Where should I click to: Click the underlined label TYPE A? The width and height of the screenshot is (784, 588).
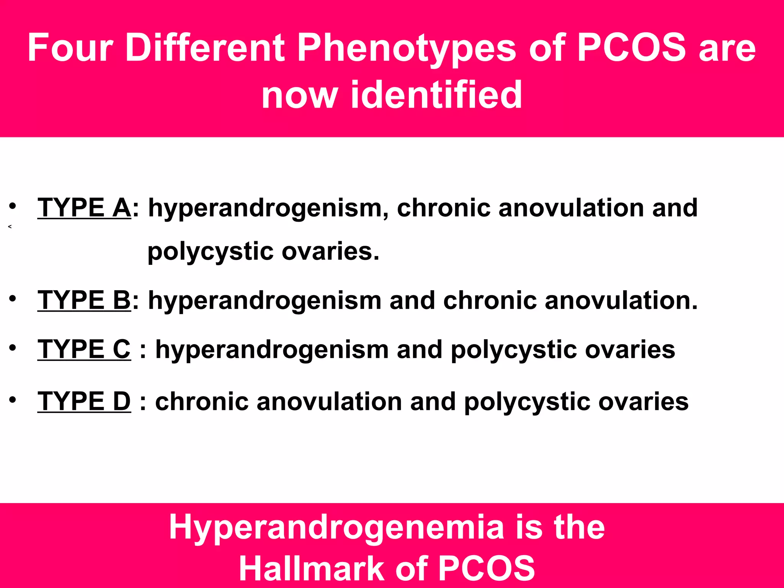pos(84,208)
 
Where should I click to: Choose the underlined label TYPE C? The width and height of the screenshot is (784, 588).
pos(84,349)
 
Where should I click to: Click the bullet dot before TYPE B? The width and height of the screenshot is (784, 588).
pos(13,298)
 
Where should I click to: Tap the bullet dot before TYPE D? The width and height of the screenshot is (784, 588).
pos(13,400)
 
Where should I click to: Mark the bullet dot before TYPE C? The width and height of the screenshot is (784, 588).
pos(13,348)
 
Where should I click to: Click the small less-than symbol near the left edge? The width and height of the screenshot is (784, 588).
pos(10,227)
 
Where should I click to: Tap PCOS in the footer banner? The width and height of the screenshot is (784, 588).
pos(486,569)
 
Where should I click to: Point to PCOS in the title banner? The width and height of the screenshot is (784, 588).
pos(631,47)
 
